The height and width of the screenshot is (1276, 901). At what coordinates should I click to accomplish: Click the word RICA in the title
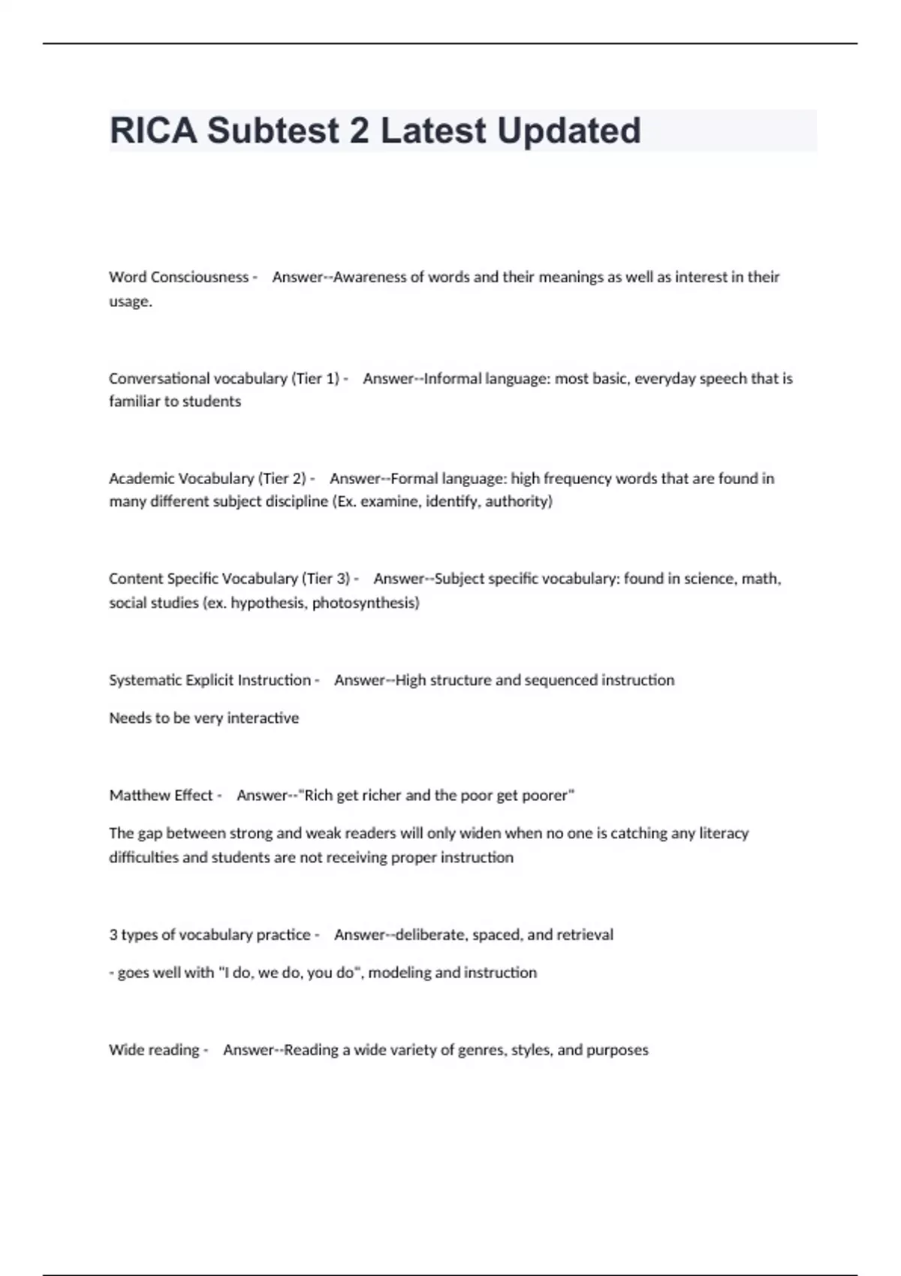point(153,131)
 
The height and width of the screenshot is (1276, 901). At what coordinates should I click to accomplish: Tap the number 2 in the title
point(359,131)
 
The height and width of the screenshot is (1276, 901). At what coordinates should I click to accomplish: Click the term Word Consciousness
point(179,277)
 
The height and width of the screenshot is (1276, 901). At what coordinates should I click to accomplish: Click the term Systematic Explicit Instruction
point(209,680)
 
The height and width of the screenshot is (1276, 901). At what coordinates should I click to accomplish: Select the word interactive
point(263,718)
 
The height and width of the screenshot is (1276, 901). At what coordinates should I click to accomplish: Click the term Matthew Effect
point(161,796)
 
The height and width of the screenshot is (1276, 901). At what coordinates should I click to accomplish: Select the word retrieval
point(585,935)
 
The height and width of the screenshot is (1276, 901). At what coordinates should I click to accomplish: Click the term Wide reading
point(154,1050)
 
